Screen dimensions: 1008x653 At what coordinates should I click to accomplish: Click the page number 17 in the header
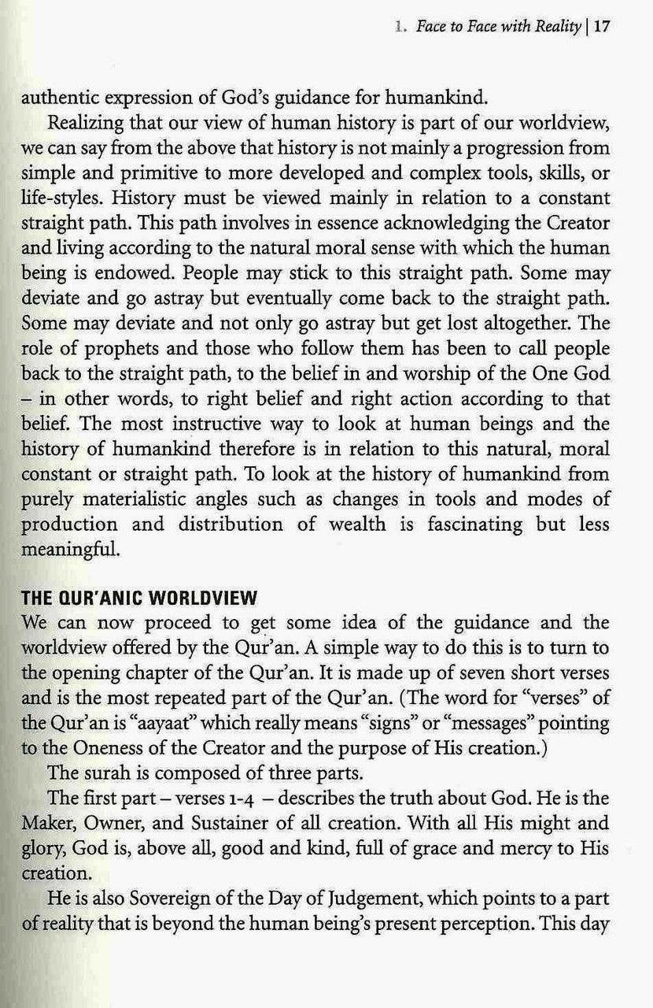pos(602,25)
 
